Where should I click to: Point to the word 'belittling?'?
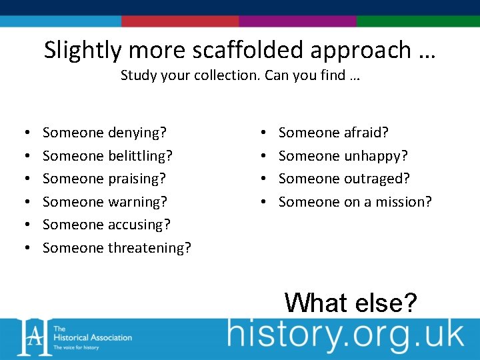click(x=139, y=156)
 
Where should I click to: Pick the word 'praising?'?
click(x=137, y=179)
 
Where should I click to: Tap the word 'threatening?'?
click(x=149, y=248)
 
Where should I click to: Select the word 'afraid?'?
click(x=366, y=133)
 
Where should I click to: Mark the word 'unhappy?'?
click(x=376, y=156)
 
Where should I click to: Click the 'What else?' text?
click(x=351, y=302)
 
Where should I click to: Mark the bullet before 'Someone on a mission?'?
click(x=265, y=202)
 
